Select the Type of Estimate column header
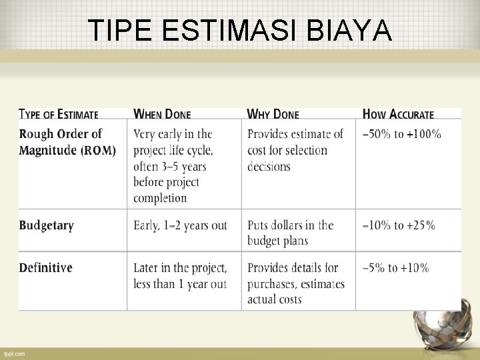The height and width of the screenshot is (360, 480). pyautogui.click(x=59, y=115)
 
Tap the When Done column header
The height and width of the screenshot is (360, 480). pyautogui.click(x=162, y=115)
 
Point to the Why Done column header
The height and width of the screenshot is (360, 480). pyautogui.click(x=273, y=115)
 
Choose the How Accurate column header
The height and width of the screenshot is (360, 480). pyautogui.click(x=397, y=115)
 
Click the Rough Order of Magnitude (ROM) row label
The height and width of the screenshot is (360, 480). pyautogui.click(x=67, y=142)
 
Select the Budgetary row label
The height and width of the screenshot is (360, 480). pyautogui.click(x=46, y=225)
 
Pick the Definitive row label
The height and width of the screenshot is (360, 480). pyautogui.click(x=45, y=268)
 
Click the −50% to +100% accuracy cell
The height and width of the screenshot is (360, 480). pyautogui.click(x=401, y=134)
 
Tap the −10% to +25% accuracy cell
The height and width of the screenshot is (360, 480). pyautogui.click(x=398, y=225)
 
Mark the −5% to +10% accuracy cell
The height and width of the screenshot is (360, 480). pyautogui.click(x=395, y=268)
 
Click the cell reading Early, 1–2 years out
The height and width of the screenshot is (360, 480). pyautogui.click(x=180, y=225)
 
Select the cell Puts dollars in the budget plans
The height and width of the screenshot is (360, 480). pyautogui.click(x=290, y=233)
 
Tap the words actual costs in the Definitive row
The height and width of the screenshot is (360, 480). pyautogui.click(x=274, y=300)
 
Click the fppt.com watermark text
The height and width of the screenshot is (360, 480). pyautogui.click(x=13, y=353)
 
